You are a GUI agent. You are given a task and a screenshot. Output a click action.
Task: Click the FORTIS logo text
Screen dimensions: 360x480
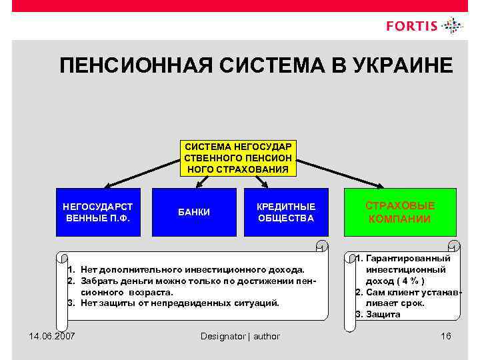(411, 27)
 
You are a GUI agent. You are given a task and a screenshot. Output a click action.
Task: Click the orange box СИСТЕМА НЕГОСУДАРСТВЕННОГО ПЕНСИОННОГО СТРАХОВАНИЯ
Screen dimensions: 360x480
(238, 158)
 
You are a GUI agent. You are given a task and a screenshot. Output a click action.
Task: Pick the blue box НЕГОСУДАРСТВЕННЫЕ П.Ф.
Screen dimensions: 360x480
(97, 212)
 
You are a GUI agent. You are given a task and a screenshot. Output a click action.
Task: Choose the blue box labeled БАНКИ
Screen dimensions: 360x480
(195, 212)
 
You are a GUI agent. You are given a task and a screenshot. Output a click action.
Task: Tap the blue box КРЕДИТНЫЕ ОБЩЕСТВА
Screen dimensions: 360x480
(286, 212)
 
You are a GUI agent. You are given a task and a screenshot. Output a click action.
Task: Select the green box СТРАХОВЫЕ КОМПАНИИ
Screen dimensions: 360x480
(399, 212)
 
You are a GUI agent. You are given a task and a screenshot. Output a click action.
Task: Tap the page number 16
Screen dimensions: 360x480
(446, 335)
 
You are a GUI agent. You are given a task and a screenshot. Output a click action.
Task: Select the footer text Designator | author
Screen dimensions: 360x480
(240, 336)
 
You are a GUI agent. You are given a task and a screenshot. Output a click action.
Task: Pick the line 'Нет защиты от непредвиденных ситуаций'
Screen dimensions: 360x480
(180, 303)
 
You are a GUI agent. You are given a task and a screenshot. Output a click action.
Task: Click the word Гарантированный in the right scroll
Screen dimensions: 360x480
(407, 258)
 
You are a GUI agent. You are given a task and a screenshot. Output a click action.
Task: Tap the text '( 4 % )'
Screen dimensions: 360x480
(407, 281)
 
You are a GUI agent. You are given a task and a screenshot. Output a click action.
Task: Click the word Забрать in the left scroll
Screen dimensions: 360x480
(99, 281)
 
